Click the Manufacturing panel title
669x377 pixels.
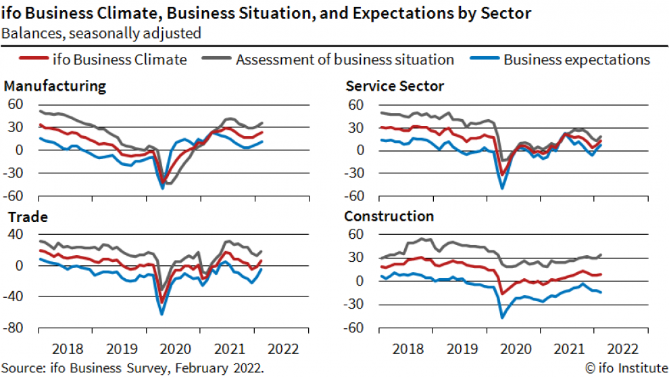tap(55, 86)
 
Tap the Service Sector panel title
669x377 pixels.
tap(394, 86)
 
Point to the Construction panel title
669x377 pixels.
tap(389, 217)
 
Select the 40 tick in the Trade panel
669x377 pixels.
tap(16, 235)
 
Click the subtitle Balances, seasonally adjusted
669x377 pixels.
tap(101, 32)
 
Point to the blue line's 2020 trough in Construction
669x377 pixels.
tap(503, 317)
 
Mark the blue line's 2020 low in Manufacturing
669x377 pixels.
tap(163, 187)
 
